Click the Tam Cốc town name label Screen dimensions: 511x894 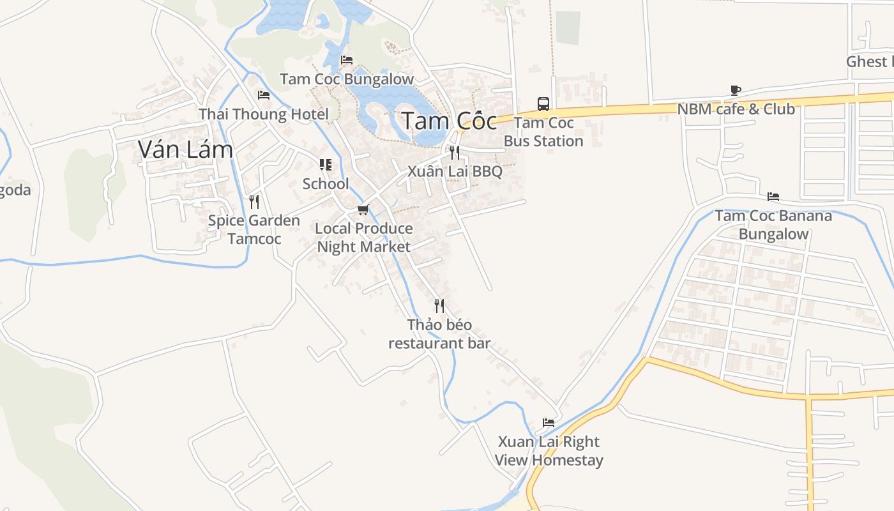tap(449, 121)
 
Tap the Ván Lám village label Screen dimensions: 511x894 tap(185, 149)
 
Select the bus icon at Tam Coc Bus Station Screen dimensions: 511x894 tap(543, 103)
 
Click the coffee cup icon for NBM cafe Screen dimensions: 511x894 tap(736, 91)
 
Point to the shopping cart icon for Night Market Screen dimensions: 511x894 tap(363, 210)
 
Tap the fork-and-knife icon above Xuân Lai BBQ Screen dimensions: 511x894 tap(455, 153)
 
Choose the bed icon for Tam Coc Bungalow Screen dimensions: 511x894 tap(347, 60)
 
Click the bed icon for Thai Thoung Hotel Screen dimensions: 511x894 tap(264, 95)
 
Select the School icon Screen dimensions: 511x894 tap(326, 165)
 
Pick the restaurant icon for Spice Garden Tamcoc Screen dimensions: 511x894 tap(254, 202)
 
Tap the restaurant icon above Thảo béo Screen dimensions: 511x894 tap(439, 306)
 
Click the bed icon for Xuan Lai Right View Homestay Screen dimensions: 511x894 tap(549, 423)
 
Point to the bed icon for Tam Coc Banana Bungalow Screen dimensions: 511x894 tap(773, 197)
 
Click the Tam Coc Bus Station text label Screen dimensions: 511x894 tap(543, 132)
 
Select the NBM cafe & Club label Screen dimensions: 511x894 tap(736, 109)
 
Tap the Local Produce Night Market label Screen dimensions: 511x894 tap(364, 238)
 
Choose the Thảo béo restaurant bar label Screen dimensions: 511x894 tap(439, 334)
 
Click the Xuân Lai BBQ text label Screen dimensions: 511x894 tap(455, 172)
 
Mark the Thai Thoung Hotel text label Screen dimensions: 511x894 tap(264, 114)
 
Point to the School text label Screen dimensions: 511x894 tap(326, 184)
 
